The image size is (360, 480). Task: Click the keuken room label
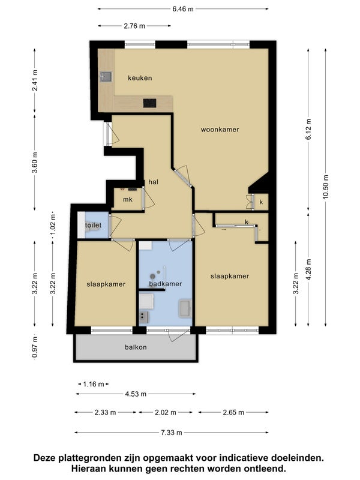tap(140, 78)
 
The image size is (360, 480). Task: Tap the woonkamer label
tap(220, 130)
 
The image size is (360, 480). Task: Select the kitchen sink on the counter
tap(106, 77)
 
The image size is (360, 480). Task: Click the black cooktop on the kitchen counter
tap(149, 103)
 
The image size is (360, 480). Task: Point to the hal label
tap(154, 182)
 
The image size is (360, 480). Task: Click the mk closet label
tap(128, 200)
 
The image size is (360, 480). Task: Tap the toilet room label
tap(94, 226)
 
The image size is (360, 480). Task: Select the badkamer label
tap(166, 284)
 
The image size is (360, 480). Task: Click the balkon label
tap(136, 347)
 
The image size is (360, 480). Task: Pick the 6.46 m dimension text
tap(183, 9)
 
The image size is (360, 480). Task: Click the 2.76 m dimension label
tap(134, 26)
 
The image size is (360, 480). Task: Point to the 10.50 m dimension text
tap(325, 187)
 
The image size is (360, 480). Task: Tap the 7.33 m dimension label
tap(172, 433)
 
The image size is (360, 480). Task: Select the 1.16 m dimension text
tap(94, 384)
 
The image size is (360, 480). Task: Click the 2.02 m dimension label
tap(166, 412)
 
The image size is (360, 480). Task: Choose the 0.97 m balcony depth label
tap(35, 347)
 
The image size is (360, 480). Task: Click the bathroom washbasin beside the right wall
tap(185, 308)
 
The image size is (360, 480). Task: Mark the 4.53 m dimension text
tap(136, 394)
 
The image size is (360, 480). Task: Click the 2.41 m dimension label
tap(35, 80)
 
